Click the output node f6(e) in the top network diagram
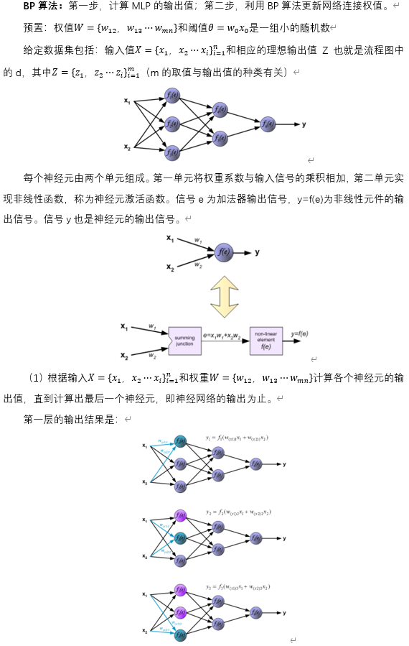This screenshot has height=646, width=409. coord(268,124)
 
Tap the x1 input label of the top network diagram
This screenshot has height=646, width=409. coord(127,101)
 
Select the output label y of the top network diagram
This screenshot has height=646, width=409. coord(304,124)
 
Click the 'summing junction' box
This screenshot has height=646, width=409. coord(184,341)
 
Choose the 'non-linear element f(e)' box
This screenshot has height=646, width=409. coord(266,341)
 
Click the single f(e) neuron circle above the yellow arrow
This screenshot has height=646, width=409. coord(223,252)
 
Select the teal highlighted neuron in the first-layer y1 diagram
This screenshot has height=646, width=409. coord(180,440)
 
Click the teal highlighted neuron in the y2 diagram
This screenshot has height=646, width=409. coord(180,538)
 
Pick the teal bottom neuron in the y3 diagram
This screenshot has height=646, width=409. coord(180,635)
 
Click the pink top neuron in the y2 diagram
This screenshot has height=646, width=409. coord(180,515)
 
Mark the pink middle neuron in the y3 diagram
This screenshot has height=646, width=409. coord(180,612)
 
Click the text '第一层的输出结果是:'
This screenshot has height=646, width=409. coord(70,419)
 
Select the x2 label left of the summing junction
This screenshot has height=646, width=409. coord(124,356)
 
